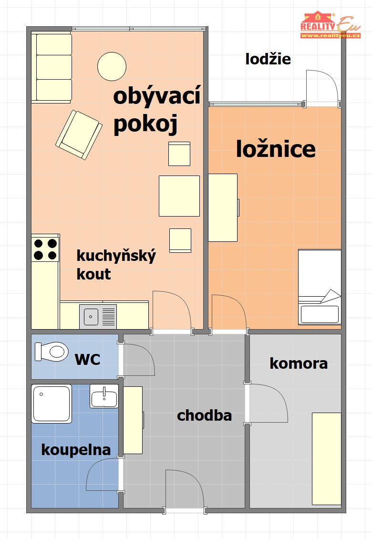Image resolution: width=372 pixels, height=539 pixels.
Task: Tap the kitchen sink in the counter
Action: click(x=98, y=317)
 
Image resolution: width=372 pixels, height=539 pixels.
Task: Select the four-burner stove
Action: click(x=45, y=249)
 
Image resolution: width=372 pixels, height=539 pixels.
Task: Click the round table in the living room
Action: click(x=112, y=66)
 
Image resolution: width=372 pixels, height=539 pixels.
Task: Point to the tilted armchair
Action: click(x=79, y=135)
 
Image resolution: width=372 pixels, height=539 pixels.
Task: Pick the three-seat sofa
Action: click(x=52, y=67)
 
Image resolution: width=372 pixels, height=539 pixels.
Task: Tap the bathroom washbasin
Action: click(x=104, y=396)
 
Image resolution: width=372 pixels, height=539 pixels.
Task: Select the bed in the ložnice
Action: click(x=320, y=287)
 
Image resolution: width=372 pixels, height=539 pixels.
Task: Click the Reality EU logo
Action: click(x=331, y=25)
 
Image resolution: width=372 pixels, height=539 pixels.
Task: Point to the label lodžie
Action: click(x=268, y=59)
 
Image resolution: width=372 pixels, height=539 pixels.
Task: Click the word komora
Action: click(x=299, y=363)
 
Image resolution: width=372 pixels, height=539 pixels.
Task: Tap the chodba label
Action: click(x=204, y=415)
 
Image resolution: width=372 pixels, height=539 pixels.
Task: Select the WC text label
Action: click(x=87, y=360)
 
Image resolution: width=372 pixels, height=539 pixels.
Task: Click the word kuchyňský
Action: click(x=116, y=256)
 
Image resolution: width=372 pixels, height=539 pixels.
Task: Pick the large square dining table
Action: click(x=179, y=196)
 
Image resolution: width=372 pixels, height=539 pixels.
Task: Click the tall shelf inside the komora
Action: click(x=327, y=458)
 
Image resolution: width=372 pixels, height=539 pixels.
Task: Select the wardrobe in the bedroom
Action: click(x=223, y=207)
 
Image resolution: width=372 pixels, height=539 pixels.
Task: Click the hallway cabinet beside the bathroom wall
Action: click(x=133, y=420)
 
